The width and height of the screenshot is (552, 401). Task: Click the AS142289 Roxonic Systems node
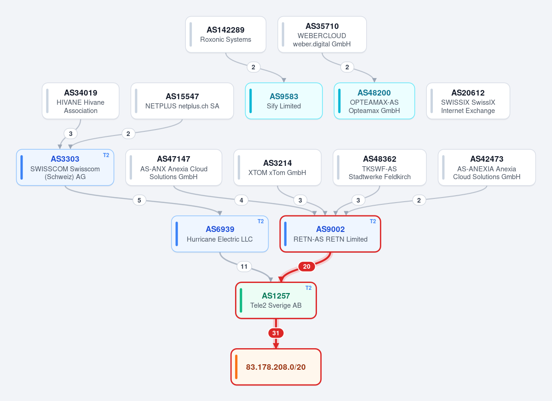pos(225,34)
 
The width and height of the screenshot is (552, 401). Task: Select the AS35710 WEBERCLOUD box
pos(322,34)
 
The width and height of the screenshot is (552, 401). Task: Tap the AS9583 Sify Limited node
pos(284,101)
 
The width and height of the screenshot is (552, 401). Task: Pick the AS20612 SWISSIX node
pos(468,101)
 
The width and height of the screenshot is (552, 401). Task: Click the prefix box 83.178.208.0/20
pos(276,367)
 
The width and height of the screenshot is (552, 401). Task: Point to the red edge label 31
pos(276,333)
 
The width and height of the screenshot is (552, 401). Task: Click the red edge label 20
pos(306,266)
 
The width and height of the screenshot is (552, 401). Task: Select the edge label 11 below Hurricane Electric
pos(244,266)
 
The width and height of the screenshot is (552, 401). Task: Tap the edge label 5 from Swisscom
pos(139,200)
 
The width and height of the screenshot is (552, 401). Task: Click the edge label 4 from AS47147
pos(241,200)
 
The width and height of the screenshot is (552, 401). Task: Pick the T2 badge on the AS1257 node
pos(308,288)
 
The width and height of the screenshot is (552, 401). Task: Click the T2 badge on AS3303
pos(106,155)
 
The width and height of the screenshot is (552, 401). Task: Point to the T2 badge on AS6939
pos(260,221)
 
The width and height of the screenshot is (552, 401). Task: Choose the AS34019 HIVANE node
pos(80,101)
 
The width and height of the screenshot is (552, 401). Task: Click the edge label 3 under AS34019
pos(71,134)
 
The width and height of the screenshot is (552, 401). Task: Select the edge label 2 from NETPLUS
pos(128,134)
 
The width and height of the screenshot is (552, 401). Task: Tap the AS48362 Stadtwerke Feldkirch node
pos(379,167)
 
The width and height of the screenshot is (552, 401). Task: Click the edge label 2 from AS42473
pos(419,200)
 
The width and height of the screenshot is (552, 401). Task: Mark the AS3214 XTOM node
pos(277,167)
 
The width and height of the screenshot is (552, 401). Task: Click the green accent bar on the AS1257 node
pos(241,300)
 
